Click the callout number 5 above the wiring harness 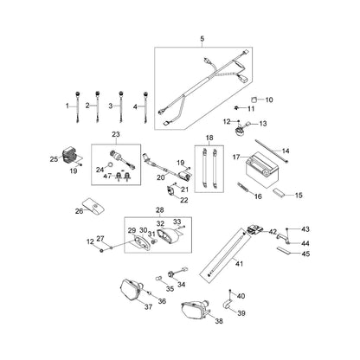tap(202, 39)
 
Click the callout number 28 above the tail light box tap(159, 210)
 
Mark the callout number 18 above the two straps tap(208, 138)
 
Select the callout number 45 tap(305, 254)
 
